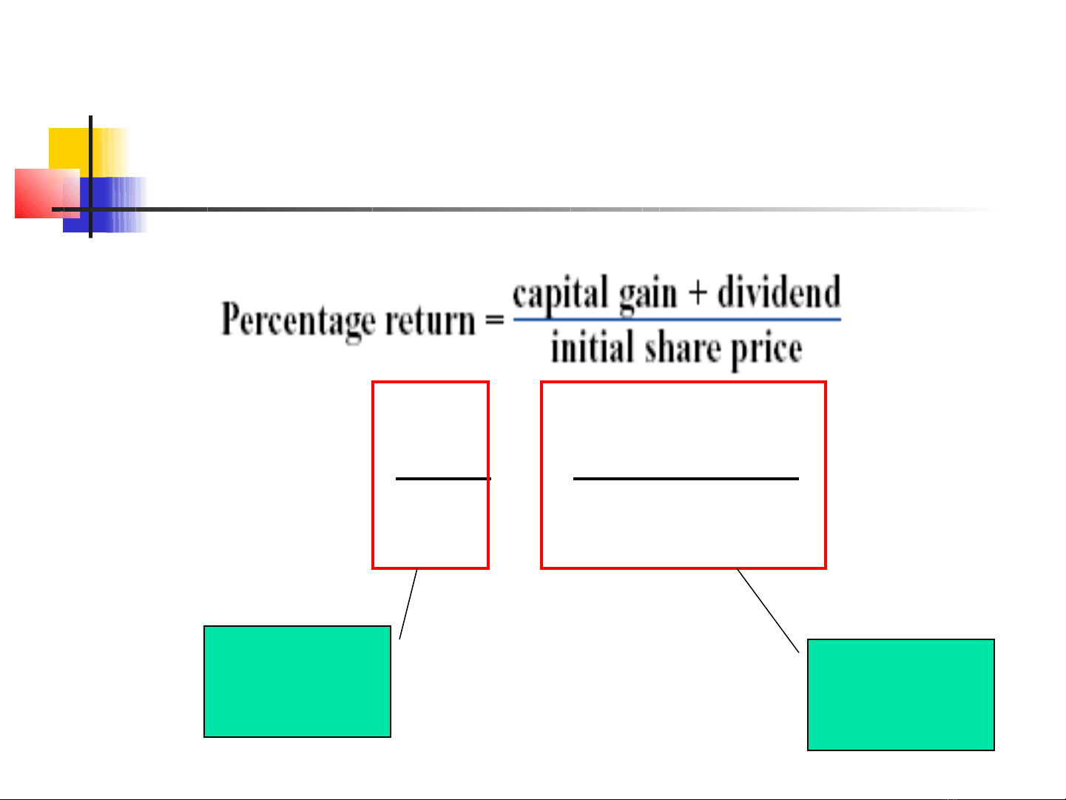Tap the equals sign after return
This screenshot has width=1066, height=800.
pos(493,320)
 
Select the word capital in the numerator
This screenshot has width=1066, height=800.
pos(560,295)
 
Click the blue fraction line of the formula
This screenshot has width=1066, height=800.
pos(677,320)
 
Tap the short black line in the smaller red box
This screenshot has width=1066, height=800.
pos(442,479)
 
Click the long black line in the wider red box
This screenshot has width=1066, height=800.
pos(686,479)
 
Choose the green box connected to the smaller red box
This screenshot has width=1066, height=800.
pos(297,682)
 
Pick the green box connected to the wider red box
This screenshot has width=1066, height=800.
pos(900,695)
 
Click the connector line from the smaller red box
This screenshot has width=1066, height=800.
pos(408,603)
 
